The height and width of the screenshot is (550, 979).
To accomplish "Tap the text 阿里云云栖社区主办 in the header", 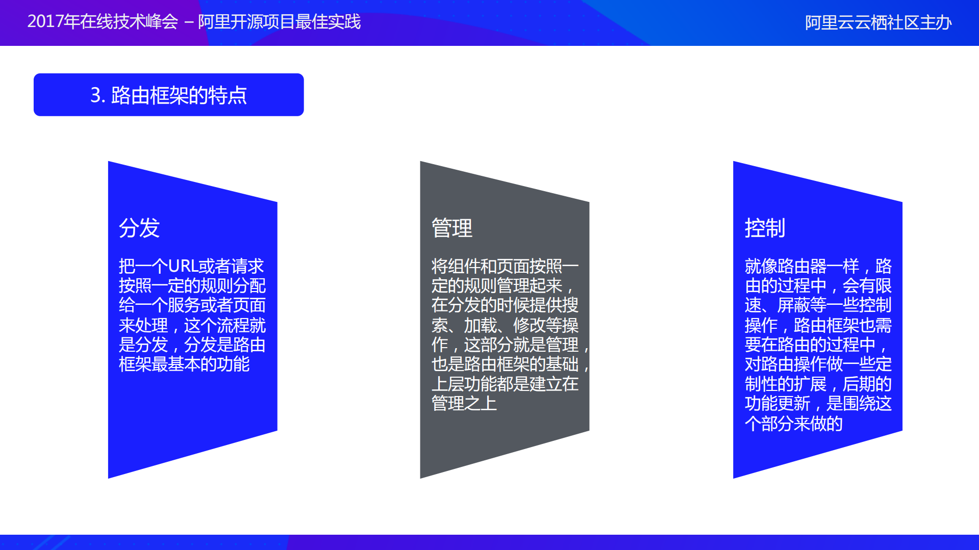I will point(878,23).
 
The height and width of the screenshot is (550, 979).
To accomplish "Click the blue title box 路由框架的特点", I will point(168,95).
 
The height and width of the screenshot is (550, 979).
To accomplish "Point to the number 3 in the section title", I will point(95,95).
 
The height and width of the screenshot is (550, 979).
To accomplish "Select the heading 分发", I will point(139,228).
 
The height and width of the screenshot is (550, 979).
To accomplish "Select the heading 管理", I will point(452,228).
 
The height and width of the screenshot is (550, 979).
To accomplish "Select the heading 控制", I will point(765,228).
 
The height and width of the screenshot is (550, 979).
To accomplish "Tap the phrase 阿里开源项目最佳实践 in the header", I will point(279,22).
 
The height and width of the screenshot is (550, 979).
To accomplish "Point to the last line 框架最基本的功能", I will point(184,364).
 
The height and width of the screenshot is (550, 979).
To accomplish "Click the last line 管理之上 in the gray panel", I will point(464,403).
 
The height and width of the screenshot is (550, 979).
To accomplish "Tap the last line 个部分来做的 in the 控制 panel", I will point(793,423).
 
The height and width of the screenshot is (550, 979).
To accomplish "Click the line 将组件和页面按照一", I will point(505,266).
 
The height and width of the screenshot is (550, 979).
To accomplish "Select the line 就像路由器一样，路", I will point(818,266).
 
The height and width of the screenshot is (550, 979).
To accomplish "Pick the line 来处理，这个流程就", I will point(192,325).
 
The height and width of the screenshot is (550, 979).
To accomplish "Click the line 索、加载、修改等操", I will point(505,325).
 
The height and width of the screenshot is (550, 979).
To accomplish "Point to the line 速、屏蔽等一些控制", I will point(818,305).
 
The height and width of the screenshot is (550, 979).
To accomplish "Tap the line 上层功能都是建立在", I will point(505,384).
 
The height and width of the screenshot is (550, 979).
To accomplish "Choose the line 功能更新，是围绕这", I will point(818,403).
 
